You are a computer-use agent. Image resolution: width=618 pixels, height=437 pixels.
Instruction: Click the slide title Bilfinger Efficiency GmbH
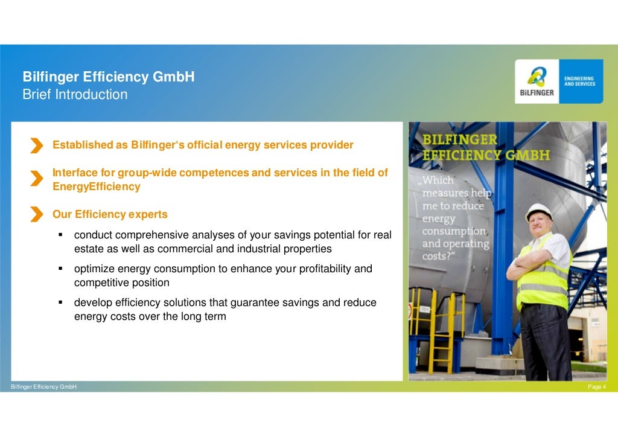coord(108,77)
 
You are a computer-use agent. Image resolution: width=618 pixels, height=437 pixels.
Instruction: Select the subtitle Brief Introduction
coord(75,95)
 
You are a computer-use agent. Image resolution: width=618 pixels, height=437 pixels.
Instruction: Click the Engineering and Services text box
coord(579,81)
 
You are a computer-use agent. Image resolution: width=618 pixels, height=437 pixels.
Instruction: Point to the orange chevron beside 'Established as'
coord(37,145)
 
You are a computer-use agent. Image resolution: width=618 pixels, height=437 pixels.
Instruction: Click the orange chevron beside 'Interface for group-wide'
coord(37,178)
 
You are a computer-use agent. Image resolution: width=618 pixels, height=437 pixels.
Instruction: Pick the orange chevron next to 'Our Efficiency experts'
coord(37,214)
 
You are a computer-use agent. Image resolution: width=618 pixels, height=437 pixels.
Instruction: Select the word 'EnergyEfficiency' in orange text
coord(97,187)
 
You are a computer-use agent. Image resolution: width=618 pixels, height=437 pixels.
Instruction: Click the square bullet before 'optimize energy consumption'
coord(62,269)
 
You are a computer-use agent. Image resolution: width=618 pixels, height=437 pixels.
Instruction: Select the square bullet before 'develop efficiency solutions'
coord(62,302)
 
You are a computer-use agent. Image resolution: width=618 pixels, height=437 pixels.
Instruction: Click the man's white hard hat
coord(539,211)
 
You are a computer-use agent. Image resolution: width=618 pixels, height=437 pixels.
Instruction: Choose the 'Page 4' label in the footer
coord(596,387)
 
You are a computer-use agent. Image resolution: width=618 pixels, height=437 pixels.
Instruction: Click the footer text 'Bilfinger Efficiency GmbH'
coord(40,387)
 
